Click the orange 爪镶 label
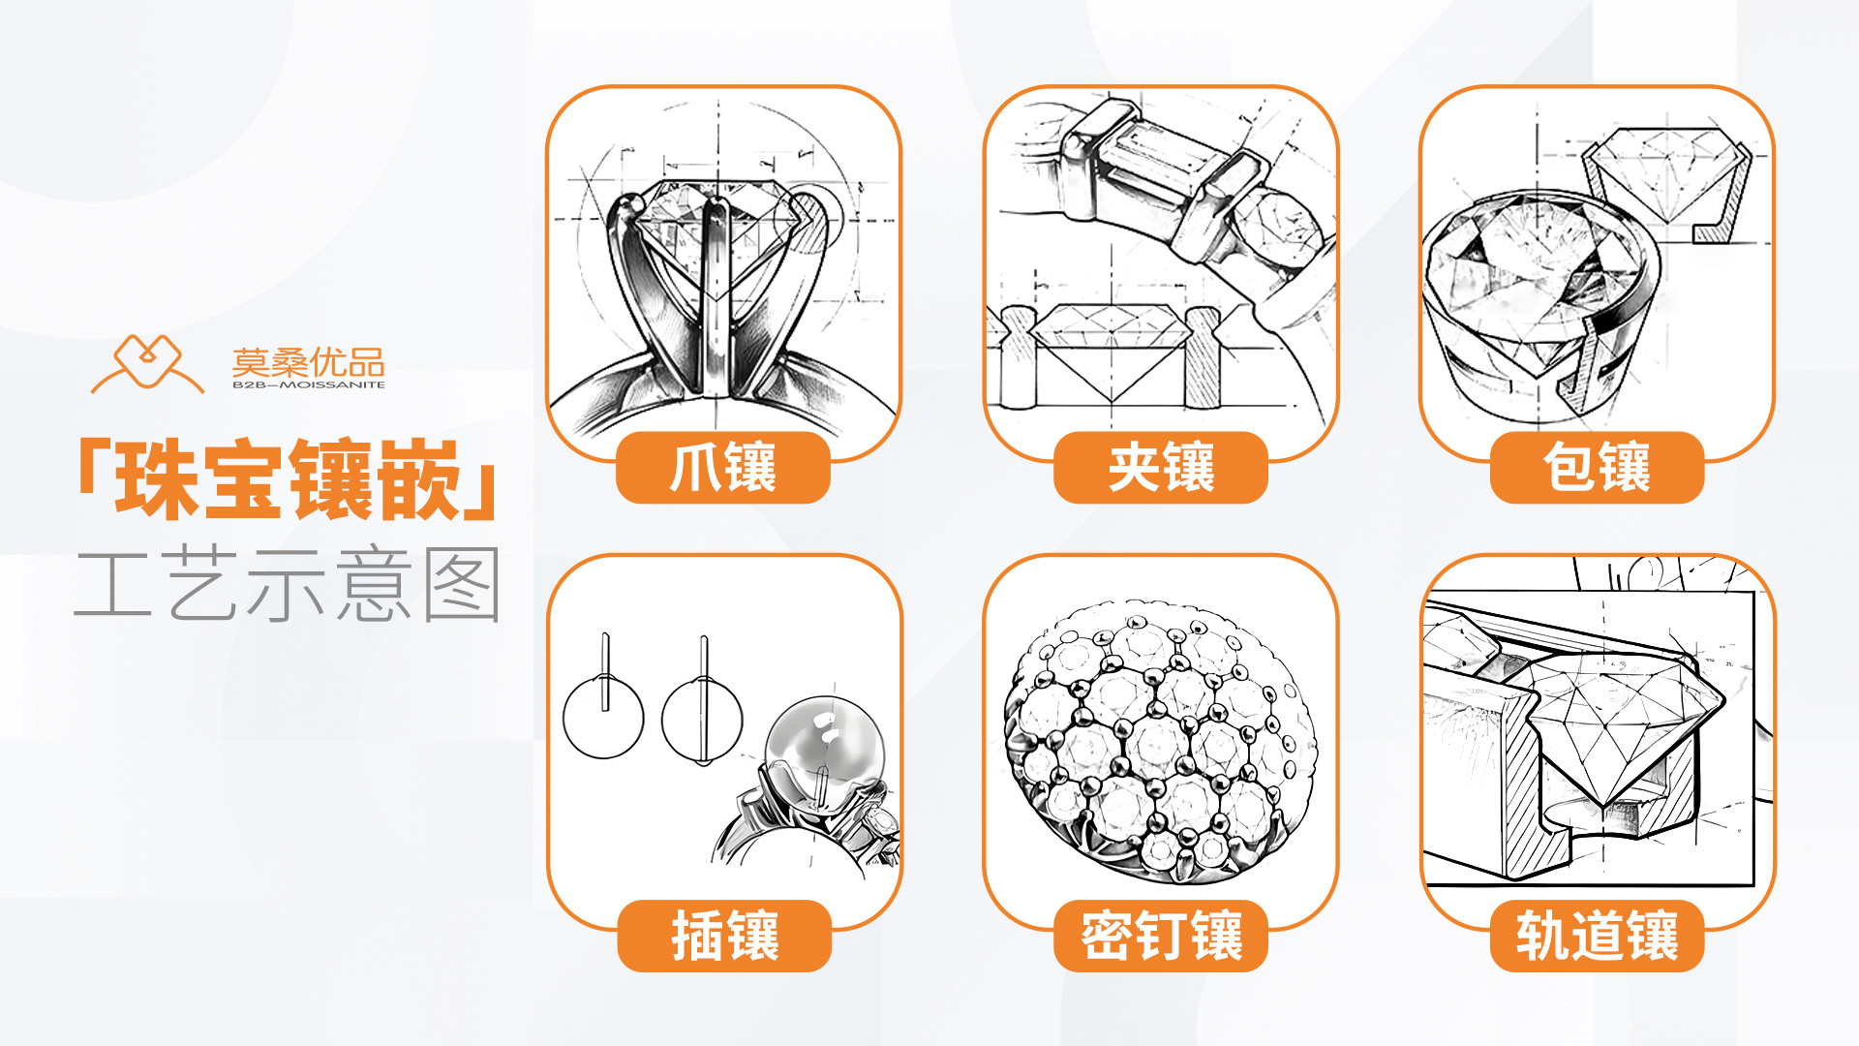click(x=723, y=468)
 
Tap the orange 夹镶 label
click(x=1160, y=468)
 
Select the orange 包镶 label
click(x=1597, y=468)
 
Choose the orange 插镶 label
click(x=724, y=936)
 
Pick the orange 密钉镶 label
click(x=1160, y=936)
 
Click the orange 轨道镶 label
click(x=1597, y=936)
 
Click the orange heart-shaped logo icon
click(x=147, y=364)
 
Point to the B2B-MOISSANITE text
click(x=308, y=385)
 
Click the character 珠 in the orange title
click(x=158, y=480)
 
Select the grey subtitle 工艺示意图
click(x=288, y=584)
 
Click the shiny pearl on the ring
click(x=824, y=740)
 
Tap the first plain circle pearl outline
click(x=603, y=718)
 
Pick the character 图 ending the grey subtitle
click(x=463, y=584)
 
